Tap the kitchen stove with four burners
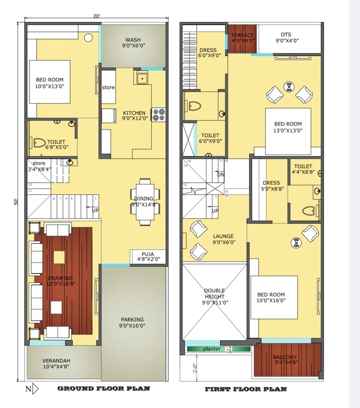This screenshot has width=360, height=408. coord(158,115)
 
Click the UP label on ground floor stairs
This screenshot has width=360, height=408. coord(96,211)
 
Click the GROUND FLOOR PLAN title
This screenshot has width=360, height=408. coord(103,388)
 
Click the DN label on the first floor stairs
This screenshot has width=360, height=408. coord(221,175)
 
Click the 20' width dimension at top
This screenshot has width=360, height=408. coord(97,16)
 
